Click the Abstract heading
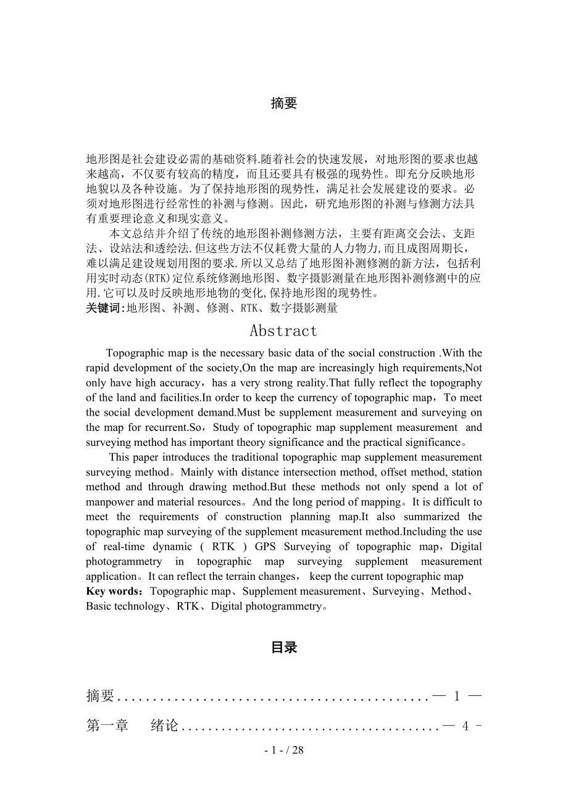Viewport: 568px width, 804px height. click(283, 331)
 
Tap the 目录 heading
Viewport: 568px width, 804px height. click(284, 647)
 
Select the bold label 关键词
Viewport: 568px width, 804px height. click(104, 308)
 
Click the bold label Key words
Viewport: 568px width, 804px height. click(114, 592)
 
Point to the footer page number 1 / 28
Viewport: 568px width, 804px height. click(284, 750)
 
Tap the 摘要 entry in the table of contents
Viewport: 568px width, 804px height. click(101, 696)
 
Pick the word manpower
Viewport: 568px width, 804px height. click(108, 502)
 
